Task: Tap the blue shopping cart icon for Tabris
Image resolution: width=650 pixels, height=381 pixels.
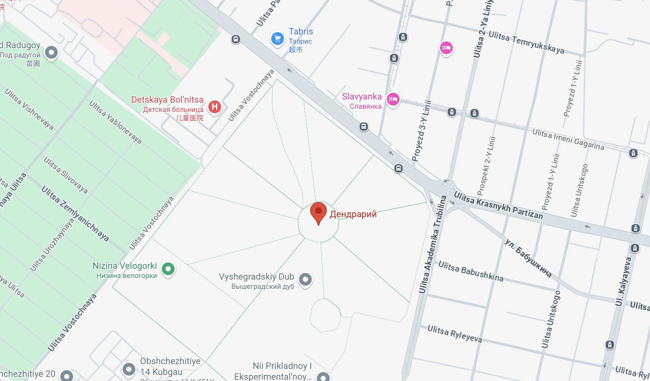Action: click(x=277, y=39)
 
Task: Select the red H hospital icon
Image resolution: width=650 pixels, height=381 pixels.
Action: click(x=215, y=106)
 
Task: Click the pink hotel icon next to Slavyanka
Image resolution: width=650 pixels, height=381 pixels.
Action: click(x=393, y=99)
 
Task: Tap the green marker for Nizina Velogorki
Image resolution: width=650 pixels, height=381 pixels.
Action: click(x=168, y=269)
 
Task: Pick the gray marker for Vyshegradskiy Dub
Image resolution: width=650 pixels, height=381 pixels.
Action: click(x=305, y=279)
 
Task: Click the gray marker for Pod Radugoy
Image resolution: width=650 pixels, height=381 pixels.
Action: click(x=51, y=52)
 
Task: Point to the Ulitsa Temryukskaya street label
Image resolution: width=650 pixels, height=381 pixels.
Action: click(x=526, y=42)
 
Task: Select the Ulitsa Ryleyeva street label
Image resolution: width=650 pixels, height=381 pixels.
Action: click(x=454, y=333)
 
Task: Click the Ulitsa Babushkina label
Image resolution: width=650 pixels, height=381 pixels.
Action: click(x=471, y=271)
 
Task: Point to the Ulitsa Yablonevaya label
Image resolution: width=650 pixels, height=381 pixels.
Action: click(x=115, y=122)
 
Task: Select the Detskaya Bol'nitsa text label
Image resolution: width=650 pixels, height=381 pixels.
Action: click(x=167, y=100)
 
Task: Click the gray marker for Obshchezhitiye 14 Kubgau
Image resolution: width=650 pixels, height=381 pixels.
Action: click(x=129, y=369)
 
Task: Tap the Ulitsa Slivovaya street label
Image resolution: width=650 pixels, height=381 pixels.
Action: click(x=65, y=175)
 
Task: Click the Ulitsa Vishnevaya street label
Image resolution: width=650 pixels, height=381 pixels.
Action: click(x=29, y=109)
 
